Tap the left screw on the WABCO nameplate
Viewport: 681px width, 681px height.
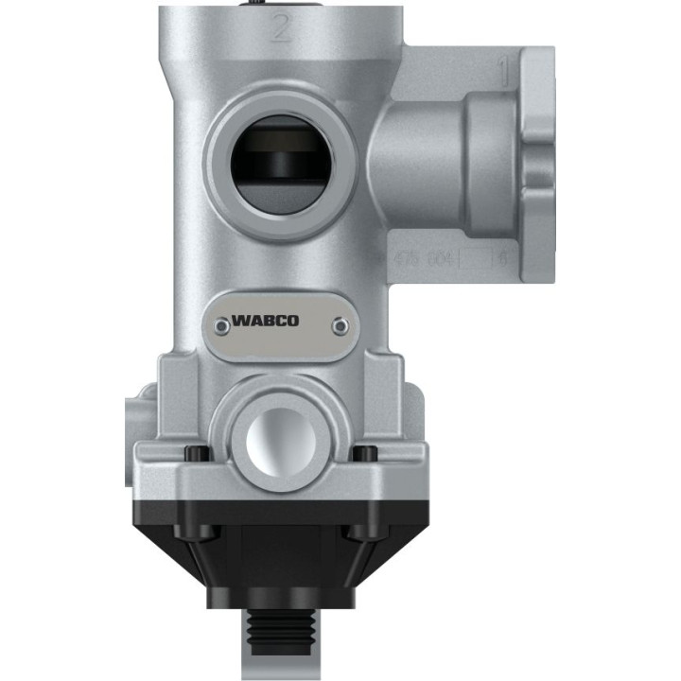(x=221, y=324)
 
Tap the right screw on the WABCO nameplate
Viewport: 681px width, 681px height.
(x=340, y=324)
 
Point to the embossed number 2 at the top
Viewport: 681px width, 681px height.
(x=279, y=28)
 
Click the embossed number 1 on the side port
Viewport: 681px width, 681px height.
(x=504, y=68)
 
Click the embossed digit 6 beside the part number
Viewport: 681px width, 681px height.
(x=504, y=257)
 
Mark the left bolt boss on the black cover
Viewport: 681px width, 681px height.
(x=194, y=530)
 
